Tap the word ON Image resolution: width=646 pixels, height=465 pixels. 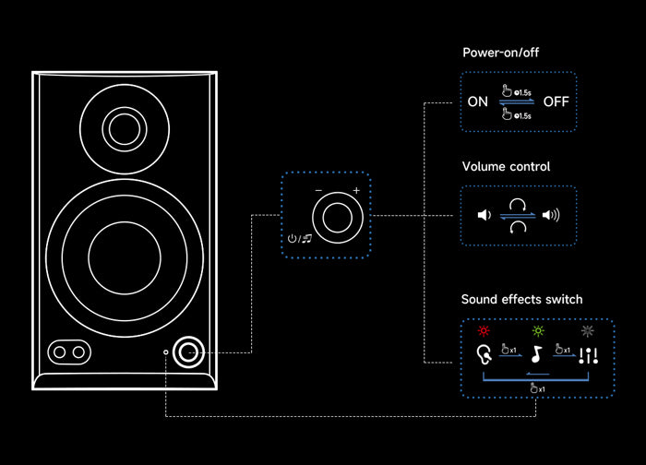[477, 101]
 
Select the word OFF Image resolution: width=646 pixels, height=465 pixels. [556, 101]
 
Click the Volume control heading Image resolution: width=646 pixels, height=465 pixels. [506, 167]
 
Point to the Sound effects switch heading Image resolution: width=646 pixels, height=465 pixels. [521, 300]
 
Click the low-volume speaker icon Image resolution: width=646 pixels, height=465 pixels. [483, 216]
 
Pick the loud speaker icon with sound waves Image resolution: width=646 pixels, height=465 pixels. [551, 216]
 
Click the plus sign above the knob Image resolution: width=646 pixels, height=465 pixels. [356, 191]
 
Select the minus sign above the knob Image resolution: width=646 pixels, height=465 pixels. [318, 191]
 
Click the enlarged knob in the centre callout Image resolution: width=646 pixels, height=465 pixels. [335, 218]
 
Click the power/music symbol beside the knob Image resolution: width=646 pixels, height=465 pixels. [298, 239]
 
